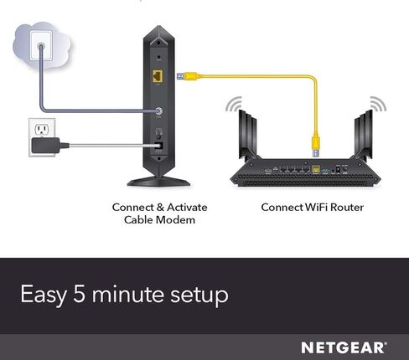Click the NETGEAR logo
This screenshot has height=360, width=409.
[x=344, y=347]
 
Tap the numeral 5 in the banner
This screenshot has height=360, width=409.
[x=79, y=294]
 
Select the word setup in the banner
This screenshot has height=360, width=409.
[x=199, y=296]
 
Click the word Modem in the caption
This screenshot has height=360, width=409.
[x=175, y=220]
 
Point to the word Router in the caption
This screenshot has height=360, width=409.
[x=347, y=208]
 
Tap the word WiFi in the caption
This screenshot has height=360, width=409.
[x=316, y=208]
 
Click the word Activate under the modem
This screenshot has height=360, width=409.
[x=187, y=208]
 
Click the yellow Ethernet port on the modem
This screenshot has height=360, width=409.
[x=158, y=76]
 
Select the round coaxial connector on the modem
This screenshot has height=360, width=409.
[x=158, y=111]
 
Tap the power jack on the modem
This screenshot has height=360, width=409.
[x=158, y=146]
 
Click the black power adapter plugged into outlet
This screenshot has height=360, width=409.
[x=45, y=146]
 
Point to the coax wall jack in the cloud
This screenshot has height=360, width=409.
[x=41, y=46]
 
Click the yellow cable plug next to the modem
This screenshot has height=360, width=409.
[x=187, y=76]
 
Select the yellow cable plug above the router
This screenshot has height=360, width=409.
[x=316, y=146]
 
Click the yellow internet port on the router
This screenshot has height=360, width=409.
[x=316, y=169]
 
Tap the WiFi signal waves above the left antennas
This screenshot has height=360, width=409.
[x=235, y=104]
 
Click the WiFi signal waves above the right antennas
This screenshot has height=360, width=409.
[x=378, y=104]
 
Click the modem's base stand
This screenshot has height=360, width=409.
[x=158, y=182]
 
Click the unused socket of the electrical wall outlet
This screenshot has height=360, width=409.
[x=42, y=129]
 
